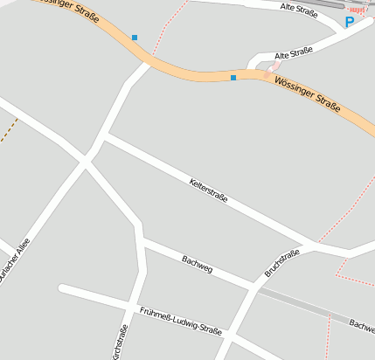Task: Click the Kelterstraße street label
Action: [208, 190]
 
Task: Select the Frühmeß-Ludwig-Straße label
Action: [181, 321]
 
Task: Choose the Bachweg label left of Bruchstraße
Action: [197, 262]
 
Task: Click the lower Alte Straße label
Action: [293, 52]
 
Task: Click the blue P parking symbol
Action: [350, 22]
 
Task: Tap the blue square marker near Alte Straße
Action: [233, 78]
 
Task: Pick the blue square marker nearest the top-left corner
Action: [135, 38]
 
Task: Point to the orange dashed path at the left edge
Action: [9, 132]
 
